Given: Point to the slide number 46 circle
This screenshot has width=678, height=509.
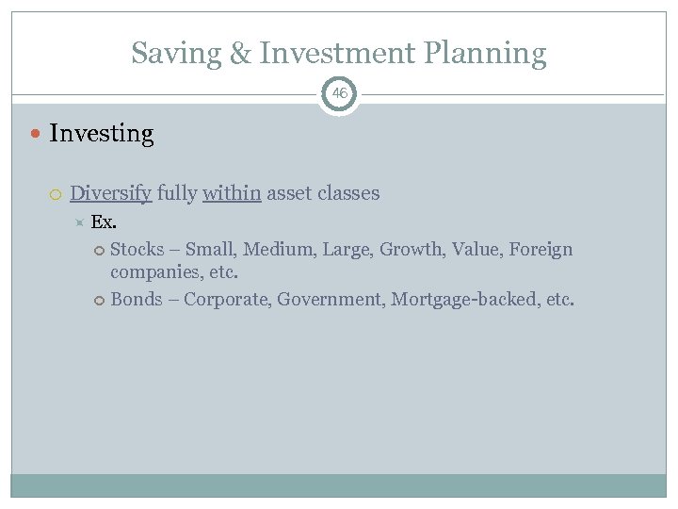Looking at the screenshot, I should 339,94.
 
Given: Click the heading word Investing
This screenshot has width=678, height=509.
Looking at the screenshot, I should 101,134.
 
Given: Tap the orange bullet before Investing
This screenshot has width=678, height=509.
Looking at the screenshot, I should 37,134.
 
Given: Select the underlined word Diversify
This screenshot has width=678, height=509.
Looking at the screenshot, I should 110,193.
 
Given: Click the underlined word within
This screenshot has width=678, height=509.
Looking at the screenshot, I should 232,193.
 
